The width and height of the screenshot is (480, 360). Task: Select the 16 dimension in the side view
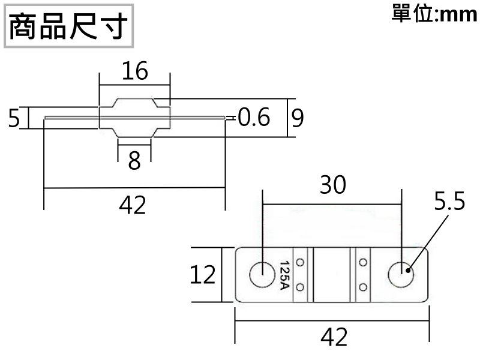(134, 71)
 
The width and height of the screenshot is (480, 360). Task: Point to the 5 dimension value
(14, 118)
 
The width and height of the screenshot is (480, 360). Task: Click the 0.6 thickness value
(254, 118)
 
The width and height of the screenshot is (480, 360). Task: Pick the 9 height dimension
(297, 118)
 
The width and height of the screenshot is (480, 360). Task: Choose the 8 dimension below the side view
(134, 160)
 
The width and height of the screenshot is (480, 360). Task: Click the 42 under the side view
(133, 206)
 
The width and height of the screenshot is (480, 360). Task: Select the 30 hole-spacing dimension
(332, 185)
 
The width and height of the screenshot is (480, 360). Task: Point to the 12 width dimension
(203, 275)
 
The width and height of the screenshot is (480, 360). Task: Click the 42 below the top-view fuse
(334, 337)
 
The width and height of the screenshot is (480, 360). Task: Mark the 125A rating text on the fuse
(285, 275)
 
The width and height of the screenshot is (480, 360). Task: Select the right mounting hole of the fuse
(400, 275)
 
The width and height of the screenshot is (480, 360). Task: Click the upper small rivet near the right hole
(362, 263)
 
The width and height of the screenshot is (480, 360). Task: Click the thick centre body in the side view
(134, 118)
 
